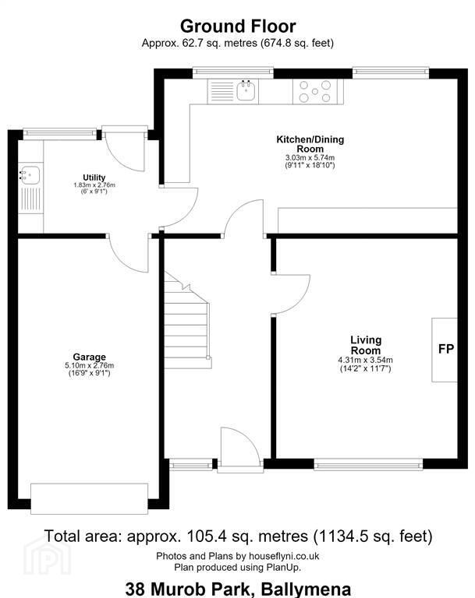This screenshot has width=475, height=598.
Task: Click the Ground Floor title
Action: (238, 26)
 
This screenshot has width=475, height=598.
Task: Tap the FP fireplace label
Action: (446, 349)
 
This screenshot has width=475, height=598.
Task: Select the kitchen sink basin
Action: (245, 91)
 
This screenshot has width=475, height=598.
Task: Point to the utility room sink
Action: (30, 175)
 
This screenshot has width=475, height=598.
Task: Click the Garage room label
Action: (90, 357)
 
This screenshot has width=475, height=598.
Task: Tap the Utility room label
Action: (94, 178)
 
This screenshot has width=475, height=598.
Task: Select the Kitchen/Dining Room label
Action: (310, 144)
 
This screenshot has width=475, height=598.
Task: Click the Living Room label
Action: (366, 345)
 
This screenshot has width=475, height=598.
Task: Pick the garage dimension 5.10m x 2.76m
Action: (90, 365)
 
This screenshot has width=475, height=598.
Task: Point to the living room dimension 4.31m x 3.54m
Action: (365, 360)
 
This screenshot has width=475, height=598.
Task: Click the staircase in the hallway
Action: (188, 320)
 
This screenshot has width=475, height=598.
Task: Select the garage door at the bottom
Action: (89, 499)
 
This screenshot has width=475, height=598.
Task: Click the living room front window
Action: (368, 464)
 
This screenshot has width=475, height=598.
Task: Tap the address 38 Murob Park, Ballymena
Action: (238, 589)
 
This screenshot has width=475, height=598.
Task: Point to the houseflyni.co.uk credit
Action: (284, 556)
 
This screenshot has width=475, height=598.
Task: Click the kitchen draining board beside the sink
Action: (222, 92)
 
